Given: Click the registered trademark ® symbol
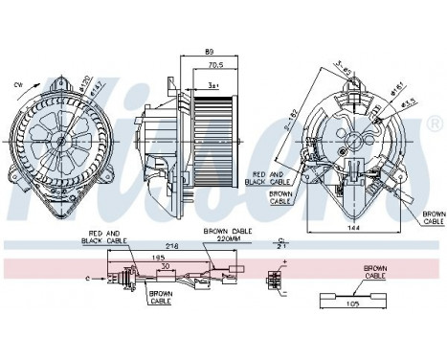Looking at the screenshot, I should tap(436, 125).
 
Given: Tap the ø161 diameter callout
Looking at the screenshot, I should tap(392, 85).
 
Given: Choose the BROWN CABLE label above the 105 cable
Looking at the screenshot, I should tap(374, 272).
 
